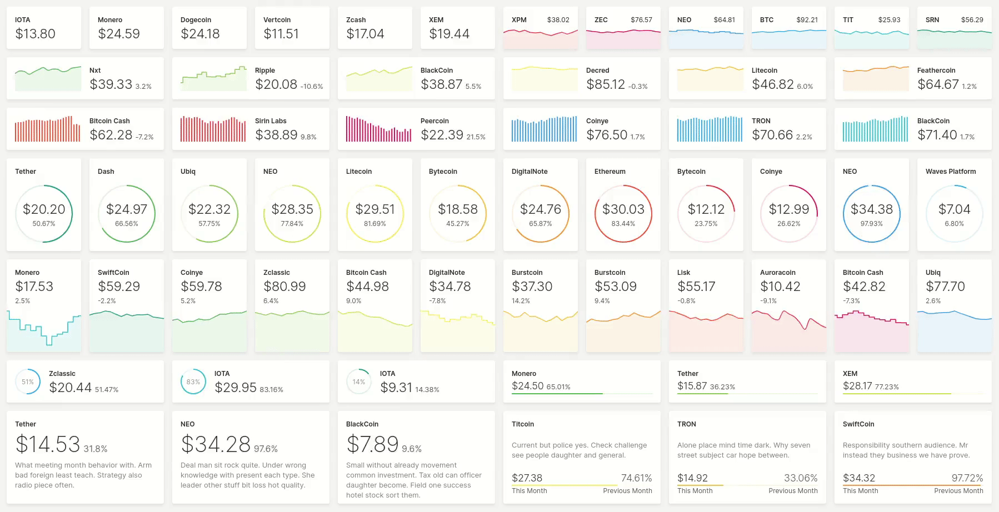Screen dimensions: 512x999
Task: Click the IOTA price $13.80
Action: (35, 34)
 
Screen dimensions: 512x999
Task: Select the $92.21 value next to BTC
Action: (807, 20)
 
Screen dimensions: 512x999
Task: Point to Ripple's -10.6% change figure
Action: (312, 87)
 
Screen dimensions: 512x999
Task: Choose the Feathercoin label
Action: (936, 71)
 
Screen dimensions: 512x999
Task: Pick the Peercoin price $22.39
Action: (442, 135)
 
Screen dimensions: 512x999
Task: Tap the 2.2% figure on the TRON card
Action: (804, 137)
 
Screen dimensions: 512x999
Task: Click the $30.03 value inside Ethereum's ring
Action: (623, 209)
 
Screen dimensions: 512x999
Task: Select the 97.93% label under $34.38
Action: (871, 224)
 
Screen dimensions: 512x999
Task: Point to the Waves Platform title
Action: (950, 172)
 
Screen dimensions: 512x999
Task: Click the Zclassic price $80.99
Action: (284, 287)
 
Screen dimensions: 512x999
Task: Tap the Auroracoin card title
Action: (777, 273)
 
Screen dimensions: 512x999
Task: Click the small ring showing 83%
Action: (193, 382)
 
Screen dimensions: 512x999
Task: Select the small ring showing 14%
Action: (359, 382)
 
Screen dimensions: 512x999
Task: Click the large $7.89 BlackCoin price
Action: (372, 444)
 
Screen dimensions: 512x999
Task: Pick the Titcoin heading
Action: (522, 424)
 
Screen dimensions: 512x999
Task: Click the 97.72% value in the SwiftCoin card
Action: (967, 478)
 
